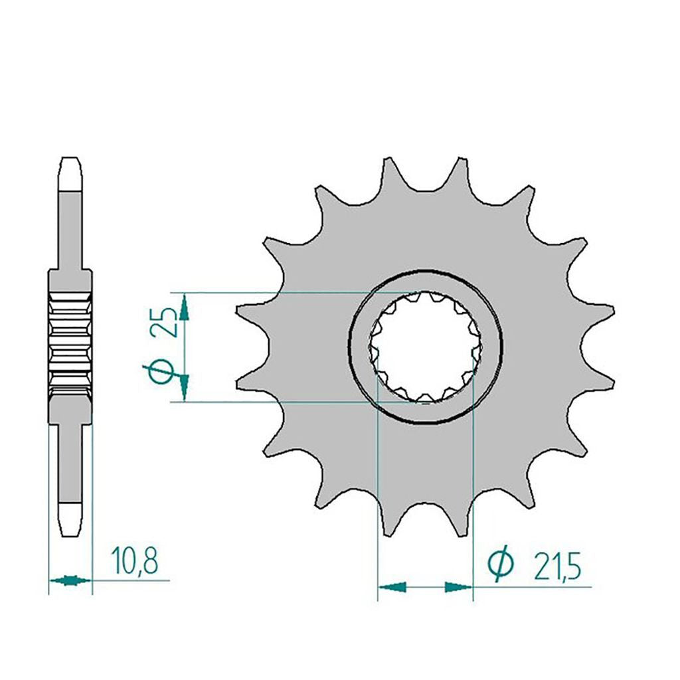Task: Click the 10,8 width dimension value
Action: click(134, 560)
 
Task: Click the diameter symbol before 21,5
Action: click(501, 566)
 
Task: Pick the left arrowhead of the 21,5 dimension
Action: click(392, 587)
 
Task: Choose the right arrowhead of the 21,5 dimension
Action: click(459, 587)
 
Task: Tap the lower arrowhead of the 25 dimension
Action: click(185, 388)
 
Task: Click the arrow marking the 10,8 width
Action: click(70, 580)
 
